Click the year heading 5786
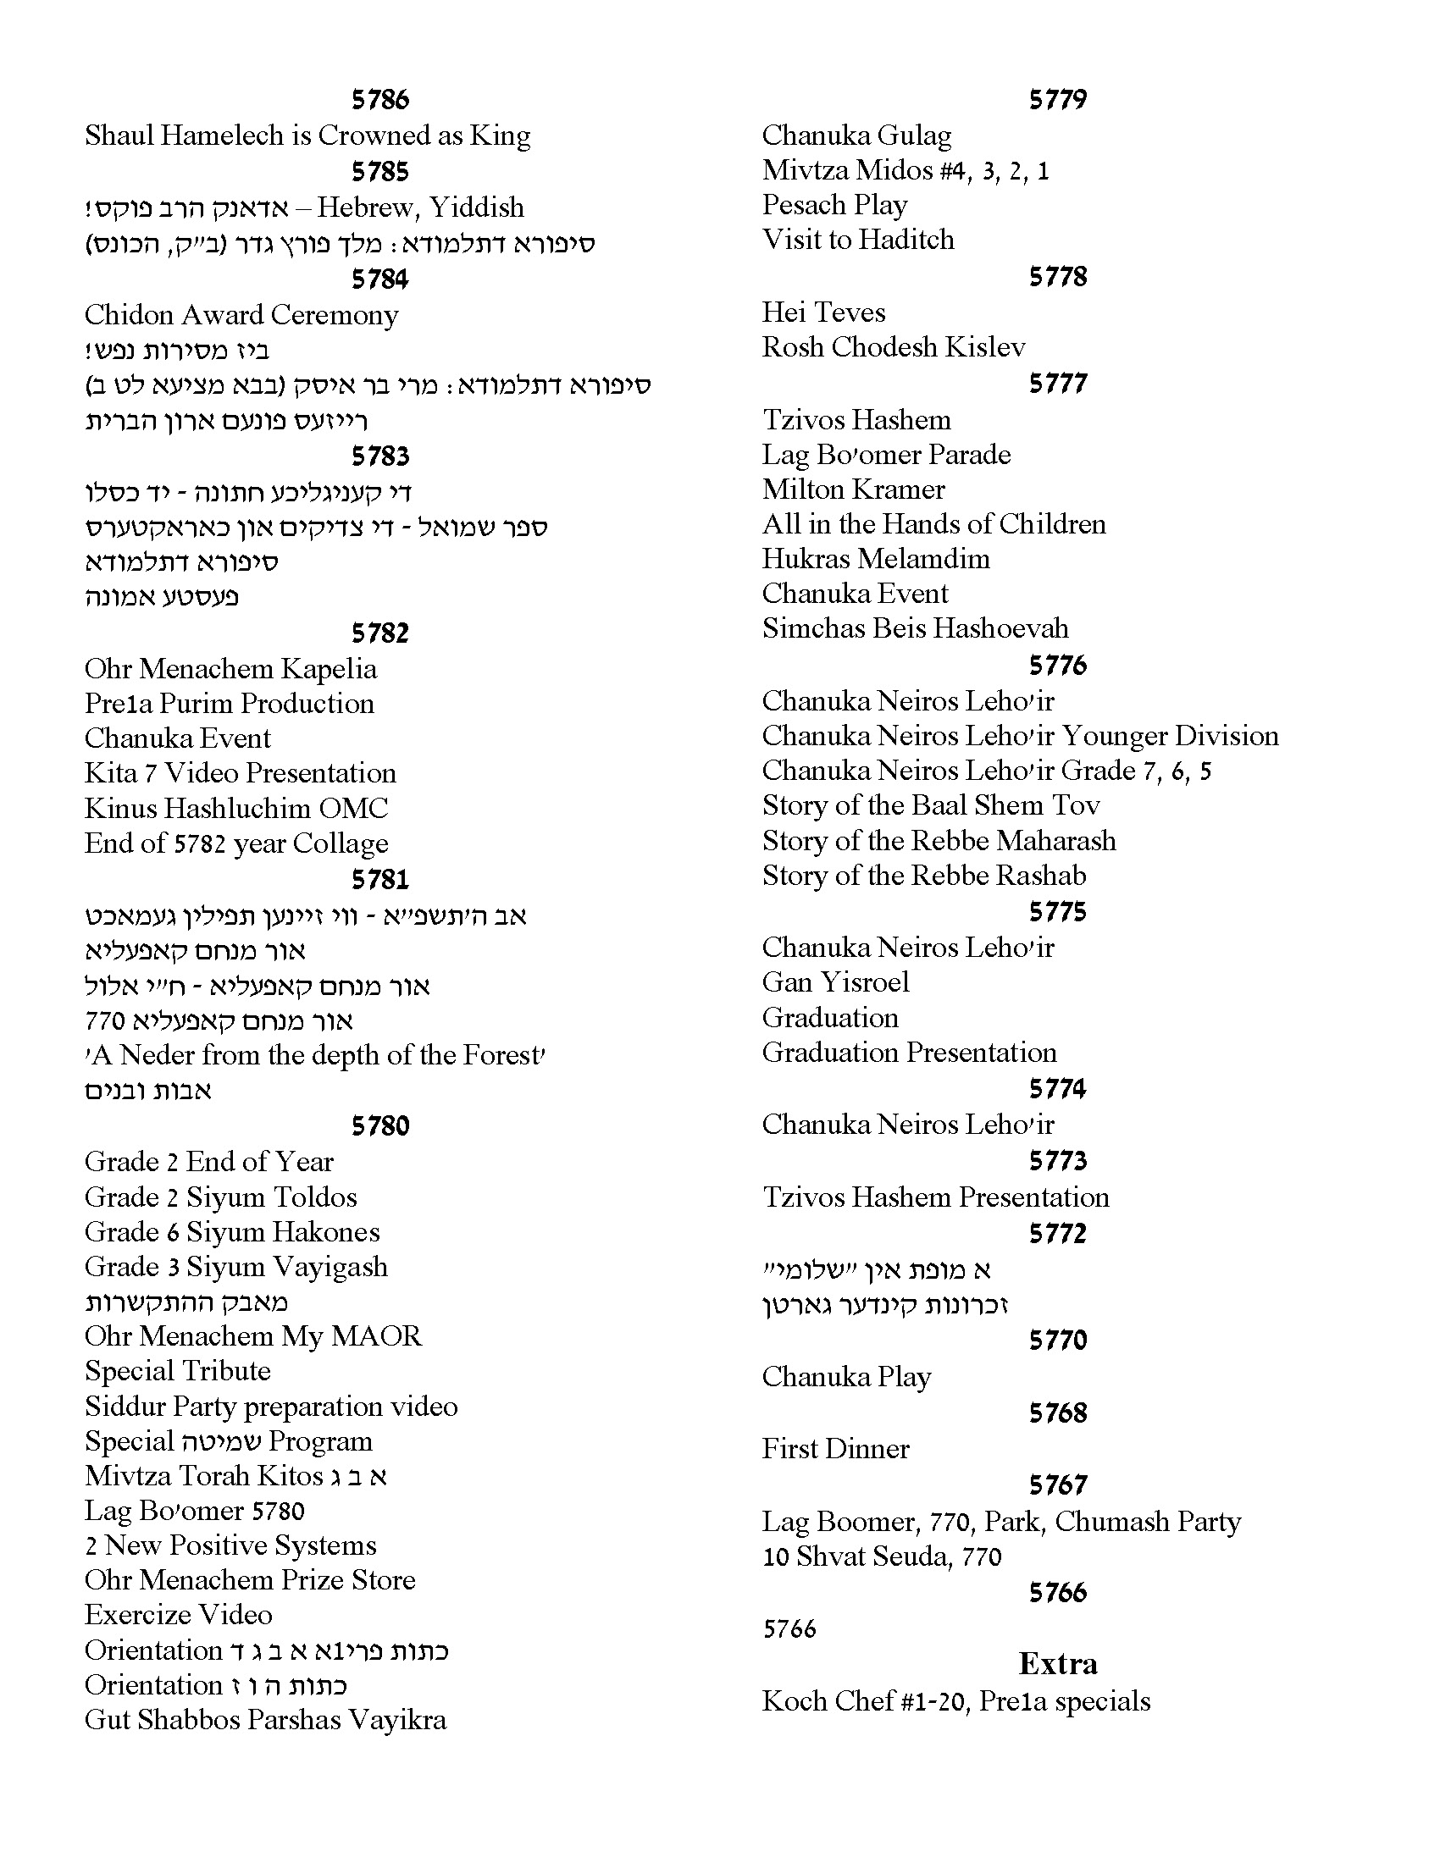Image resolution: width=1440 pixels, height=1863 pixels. click(x=380, y=100)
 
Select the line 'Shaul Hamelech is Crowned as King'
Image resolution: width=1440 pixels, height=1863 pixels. click(x=307, y=135)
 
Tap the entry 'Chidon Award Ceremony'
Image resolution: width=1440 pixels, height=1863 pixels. click(x=241, y=316)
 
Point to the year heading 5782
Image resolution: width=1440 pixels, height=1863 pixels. click(x=380, y=633)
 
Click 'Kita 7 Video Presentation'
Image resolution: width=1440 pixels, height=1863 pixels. click(x=241, y=774)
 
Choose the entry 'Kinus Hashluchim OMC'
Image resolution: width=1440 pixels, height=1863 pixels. click(x=236, y=809)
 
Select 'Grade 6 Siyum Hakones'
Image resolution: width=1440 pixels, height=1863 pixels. click(x=232, y=1233)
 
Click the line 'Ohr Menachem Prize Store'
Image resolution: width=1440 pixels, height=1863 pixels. click(x=250, y=1581)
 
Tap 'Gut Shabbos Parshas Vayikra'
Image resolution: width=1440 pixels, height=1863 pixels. click(x=265, y=1720)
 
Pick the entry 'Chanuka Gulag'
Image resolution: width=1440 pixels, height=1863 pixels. click(x=856, y=135)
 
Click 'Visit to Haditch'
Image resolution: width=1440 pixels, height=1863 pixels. click(x=858, y=240)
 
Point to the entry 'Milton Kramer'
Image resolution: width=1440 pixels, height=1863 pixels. click(x=853, y=489)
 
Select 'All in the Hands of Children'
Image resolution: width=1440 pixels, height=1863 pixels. click(x=934, y=523)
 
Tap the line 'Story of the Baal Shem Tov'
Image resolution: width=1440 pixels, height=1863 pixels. click(x=931, y=805)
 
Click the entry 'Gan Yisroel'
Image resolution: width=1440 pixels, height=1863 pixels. click(x=836, y=982)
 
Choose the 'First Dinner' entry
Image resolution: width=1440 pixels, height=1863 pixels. click(x=836, y=1448)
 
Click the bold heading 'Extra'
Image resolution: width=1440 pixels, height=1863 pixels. click(x=1058, y=1663)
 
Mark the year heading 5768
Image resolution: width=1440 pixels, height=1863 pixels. click(x=1058, y=1412)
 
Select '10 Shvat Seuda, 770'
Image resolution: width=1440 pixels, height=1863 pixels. click(x=882, y=1556)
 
